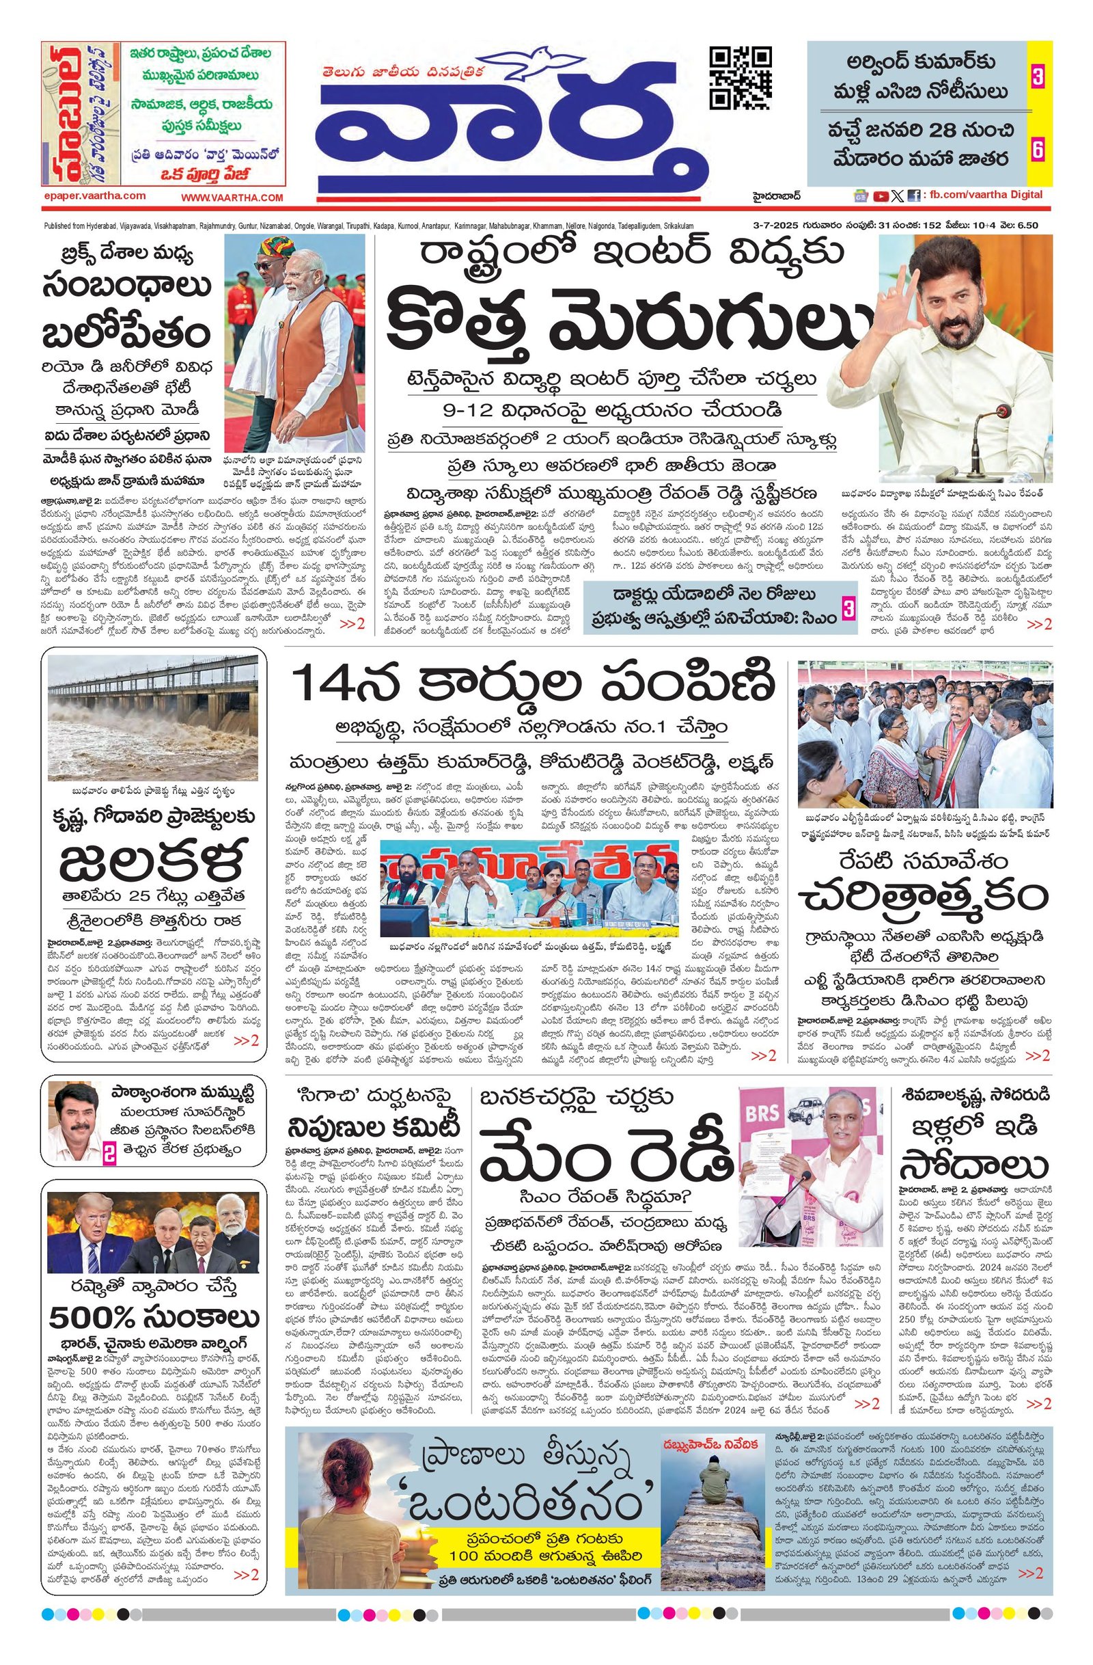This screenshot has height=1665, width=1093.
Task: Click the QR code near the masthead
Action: click(741, 77)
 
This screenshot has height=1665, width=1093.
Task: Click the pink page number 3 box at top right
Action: click(1038, 79)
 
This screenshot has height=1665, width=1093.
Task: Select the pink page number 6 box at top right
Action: click(1038, 148)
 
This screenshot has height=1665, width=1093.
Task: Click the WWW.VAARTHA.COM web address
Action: click(232, 198)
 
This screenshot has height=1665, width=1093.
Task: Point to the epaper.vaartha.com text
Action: click(94, 197)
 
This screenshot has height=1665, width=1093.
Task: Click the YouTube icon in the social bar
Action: click(881, 197)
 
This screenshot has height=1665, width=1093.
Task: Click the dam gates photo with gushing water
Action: click(152, 718)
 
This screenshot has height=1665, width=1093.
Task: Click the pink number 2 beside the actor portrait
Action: click(110, 1154)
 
